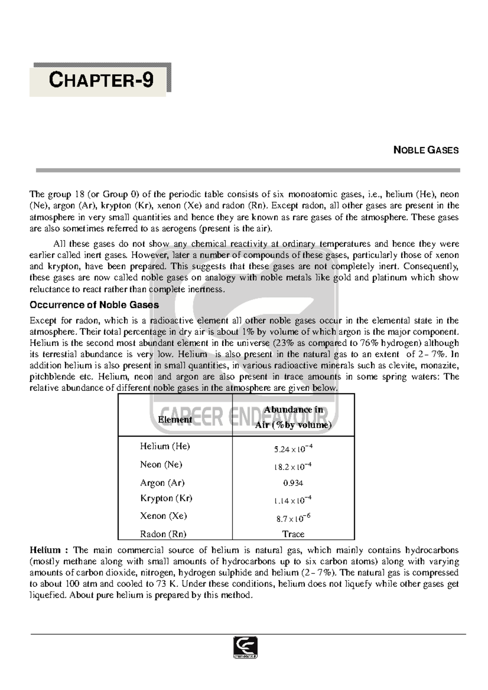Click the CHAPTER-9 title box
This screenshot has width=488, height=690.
pos(100,80)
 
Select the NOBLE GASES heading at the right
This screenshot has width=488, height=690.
pos(426,150)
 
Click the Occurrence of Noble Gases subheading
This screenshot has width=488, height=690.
pos(94,305)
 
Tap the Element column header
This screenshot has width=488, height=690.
pos(175,419)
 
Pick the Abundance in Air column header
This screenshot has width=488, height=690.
pos(293,417)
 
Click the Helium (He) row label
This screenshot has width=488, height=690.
pos(165,446)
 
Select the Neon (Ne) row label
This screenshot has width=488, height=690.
pos(161,464)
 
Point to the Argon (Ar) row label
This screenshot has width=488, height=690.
pos(162,483)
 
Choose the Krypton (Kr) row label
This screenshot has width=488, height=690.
pos(166,498)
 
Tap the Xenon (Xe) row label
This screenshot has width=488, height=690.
pos(163,516)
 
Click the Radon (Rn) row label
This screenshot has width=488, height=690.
pos(163,534)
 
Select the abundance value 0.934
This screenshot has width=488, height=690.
pos(293,483)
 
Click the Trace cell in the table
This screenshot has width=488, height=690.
pos(293,534)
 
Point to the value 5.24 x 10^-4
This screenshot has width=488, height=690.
pos(293,449)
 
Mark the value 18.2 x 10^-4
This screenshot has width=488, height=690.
pos(293,467)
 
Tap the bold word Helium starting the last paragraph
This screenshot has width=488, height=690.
pos(45,550)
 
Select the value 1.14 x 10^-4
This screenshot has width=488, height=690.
pos(293,501)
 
